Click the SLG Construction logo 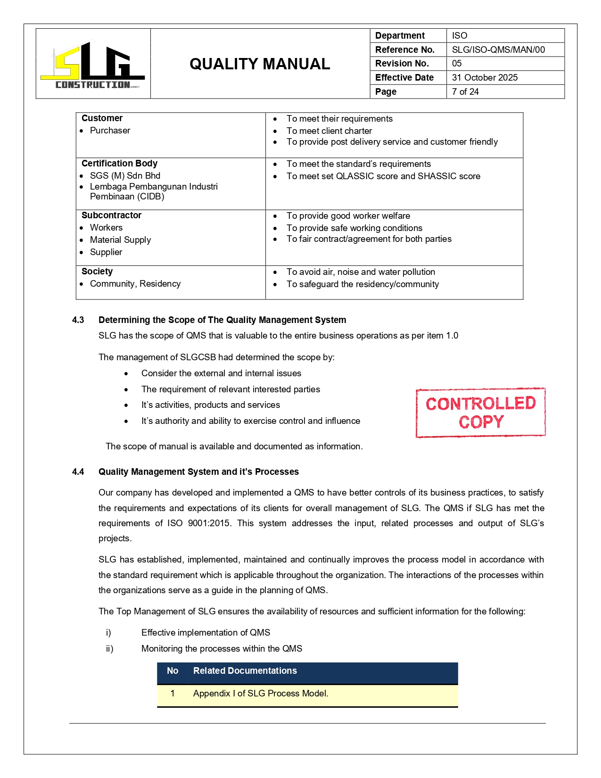[93, 65]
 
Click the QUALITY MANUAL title [260, 64]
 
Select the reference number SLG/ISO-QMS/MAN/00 [498, 50]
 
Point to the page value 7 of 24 [465, 91]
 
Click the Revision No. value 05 [457, 63]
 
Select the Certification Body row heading [119, 163]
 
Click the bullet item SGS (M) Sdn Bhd [125, 175]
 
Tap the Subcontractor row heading [111, 215]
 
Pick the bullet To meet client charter [329, 131]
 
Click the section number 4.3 [78, 320]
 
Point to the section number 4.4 [78, 472]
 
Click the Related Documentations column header [245, 670]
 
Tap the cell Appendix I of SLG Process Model [261, 693]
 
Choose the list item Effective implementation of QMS [206, 632]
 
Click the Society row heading [97, 271]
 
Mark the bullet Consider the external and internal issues [221, 373]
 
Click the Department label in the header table [400, 35]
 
